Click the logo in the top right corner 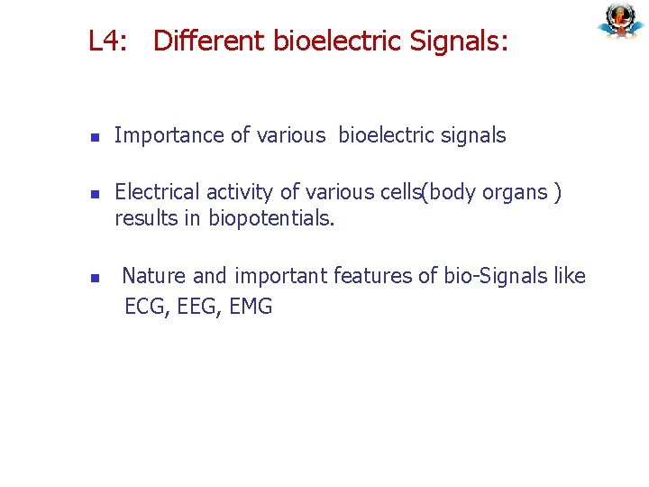point(620,21)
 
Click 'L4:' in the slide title point(108,41)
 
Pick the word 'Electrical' point(158,192)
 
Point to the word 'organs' point(516,192)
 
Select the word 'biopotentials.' point(271,218)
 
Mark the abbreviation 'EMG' point(251,307)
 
